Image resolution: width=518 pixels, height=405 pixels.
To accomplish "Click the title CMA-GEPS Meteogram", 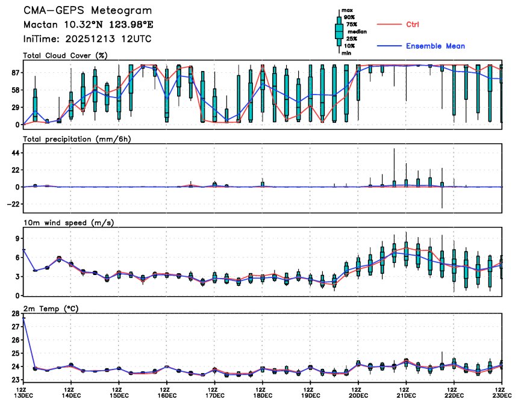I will [x=87, y=11].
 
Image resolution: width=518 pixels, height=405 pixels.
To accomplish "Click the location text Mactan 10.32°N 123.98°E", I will [x=88, y=25].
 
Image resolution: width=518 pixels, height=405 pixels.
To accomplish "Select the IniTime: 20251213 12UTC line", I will [x=87, y=39].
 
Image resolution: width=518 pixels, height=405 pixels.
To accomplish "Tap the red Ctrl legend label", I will [x=413, y=24].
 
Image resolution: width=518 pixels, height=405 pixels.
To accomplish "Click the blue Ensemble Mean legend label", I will [x=435, y=46].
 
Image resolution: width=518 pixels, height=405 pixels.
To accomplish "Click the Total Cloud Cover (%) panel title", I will [x=65, y=56].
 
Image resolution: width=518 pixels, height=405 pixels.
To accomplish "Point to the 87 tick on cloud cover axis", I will [x=13, y=72].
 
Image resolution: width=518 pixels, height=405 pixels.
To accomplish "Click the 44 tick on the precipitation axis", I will [x=13, y=153].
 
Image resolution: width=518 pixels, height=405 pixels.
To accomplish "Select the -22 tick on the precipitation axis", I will [x=11, y=204].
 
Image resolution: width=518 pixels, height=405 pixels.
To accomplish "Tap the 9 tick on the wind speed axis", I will [x=16, y=238].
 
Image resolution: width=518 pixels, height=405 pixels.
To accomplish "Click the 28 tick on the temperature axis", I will [x=13, y=314].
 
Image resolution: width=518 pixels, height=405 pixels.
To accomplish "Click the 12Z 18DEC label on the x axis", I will [x=263, y=393].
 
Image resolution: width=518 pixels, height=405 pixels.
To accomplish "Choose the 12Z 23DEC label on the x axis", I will [x=502, y=393].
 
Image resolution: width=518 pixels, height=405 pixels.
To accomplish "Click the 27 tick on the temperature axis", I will [x=13, y=327].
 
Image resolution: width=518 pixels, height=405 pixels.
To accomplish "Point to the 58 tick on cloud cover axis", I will [x=13, y=90].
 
